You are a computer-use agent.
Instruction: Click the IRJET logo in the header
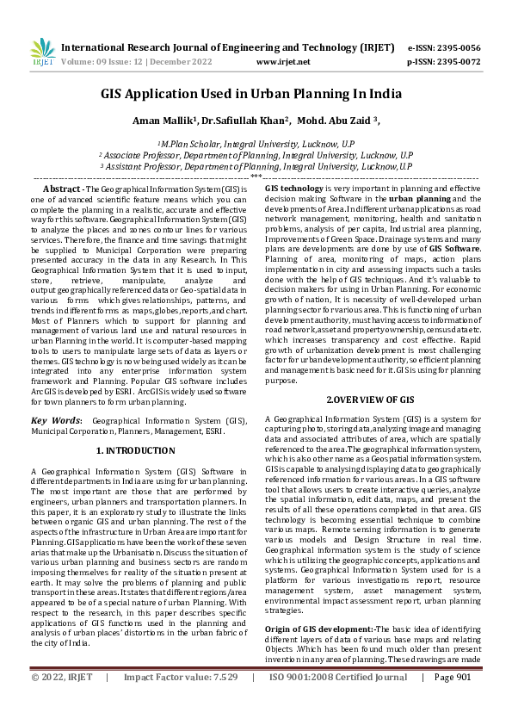click(42, 53)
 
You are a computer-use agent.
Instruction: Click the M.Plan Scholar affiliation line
click(256, 145)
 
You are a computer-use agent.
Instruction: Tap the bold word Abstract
click(62, 188)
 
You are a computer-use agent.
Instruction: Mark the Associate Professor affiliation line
click(256, 156)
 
